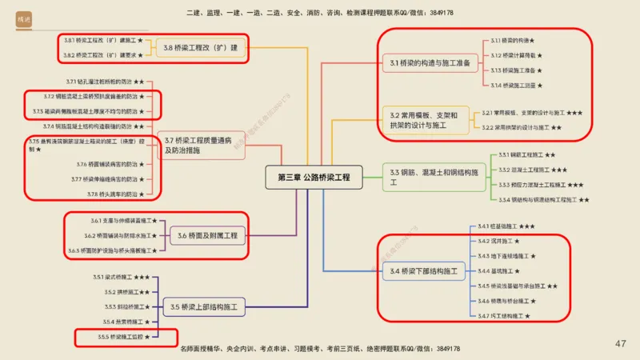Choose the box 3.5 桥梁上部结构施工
[204, 306]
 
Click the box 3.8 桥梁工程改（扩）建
[200, 48]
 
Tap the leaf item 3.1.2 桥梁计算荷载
[516, 55]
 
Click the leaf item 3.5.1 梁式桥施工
[121, 277]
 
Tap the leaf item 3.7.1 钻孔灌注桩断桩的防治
[105, 82]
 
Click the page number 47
[620, 344]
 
